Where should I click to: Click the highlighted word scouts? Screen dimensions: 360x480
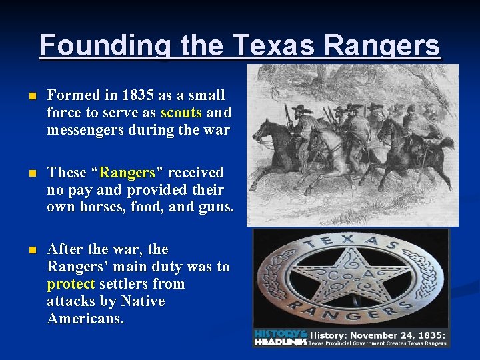tap(183, 113)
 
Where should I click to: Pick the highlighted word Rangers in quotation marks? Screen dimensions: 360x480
tap(127, 173)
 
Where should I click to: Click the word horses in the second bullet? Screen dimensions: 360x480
tap(101, 207)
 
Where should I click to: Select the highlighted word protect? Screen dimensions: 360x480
tap(71, 284)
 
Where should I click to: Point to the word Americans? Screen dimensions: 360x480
tap(85, 319)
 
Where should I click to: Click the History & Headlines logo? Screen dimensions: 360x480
tap(281, 337)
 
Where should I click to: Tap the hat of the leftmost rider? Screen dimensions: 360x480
tap(301, 109)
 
